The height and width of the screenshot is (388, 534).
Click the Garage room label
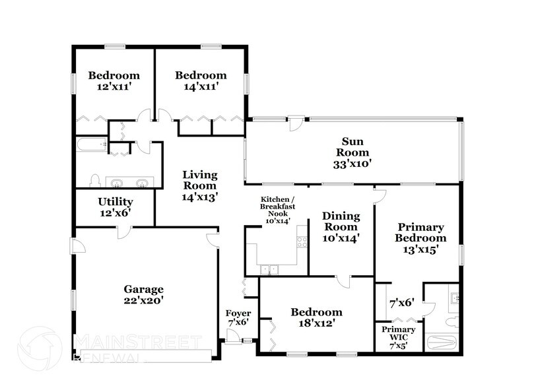coord(143,294)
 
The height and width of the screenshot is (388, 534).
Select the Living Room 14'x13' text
coord(200,185)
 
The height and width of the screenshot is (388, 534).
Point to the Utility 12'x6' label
coord(115,207)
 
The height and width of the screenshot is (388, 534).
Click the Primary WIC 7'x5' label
coord(399,335)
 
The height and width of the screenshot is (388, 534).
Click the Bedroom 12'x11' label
coord(114,81)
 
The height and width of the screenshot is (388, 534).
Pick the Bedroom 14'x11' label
coord(200,81)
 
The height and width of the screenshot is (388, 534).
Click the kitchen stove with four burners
coord(302,242)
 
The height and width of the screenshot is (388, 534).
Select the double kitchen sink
coord(269,269)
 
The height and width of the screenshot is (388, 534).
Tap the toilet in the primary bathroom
coord(451,323)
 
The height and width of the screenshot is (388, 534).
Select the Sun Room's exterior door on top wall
coord(298,123)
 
